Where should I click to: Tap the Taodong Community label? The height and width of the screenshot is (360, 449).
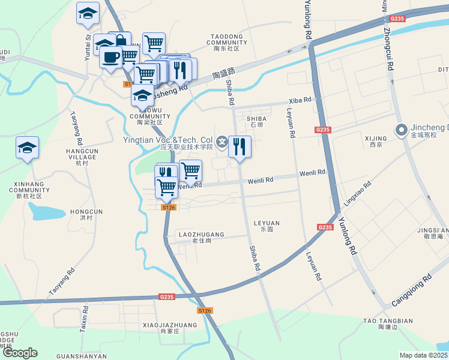(226, 40)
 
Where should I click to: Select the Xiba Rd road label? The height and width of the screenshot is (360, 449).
(301, 100)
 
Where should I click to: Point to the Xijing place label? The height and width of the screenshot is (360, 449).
(376, 141)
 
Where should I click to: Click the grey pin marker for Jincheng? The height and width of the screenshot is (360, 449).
(401, 129)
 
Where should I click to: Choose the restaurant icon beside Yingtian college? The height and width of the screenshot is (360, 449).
(240, 146)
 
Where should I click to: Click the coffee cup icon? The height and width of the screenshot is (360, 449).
(110, 58)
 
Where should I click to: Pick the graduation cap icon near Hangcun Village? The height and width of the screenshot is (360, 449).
(27, 148)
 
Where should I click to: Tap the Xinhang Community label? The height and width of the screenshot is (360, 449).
(29, 193)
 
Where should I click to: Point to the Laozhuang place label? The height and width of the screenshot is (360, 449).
(201, 235)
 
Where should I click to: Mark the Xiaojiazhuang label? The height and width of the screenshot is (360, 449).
(170, 325)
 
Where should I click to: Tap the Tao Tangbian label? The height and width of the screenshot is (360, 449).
(388, 321)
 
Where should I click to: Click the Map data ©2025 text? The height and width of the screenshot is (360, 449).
(424, 355)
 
